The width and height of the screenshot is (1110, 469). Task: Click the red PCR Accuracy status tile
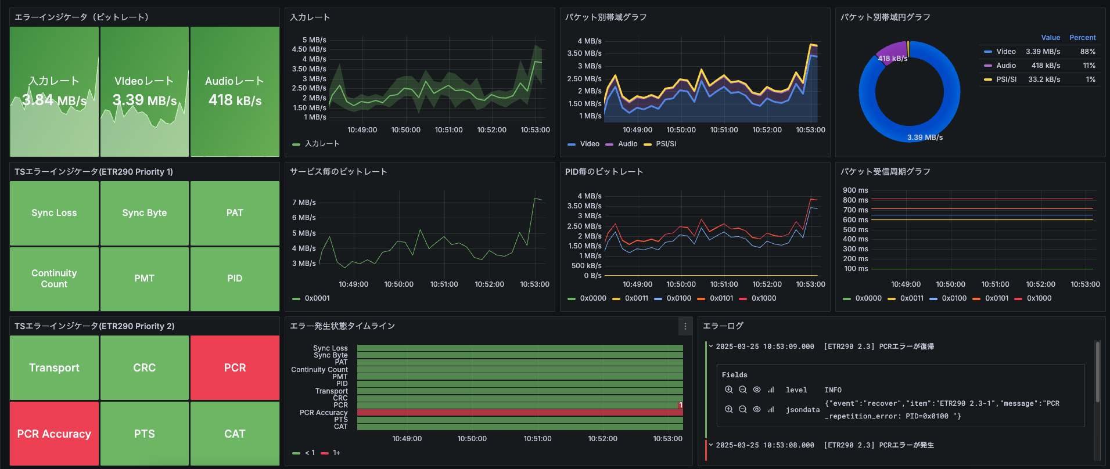tap(54, 434)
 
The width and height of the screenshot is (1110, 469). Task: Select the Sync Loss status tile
tap(54, 213)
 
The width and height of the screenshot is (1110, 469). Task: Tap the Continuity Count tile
tap(54, 279)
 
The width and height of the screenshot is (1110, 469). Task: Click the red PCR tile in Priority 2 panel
tap(235, 367)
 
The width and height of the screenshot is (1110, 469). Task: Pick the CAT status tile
tap(235, 434)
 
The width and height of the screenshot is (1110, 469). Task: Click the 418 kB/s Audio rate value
tap(235, 100)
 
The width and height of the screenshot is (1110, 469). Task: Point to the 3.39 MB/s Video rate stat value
tap(144, 100)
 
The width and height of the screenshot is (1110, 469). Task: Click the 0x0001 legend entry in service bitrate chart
tap(317, 298)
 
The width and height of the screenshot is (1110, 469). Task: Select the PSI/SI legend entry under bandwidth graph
tap(666, 144)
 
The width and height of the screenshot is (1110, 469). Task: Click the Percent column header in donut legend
tap(1082, 38)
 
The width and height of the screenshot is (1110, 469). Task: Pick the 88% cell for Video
tap(1087, 52)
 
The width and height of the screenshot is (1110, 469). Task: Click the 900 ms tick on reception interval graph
tap(855, 190)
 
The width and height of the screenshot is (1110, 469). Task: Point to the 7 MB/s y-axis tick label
tap(304, 203)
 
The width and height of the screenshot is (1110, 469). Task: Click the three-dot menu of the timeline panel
tap(685, 326)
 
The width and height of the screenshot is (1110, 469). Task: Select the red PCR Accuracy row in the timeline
tap(520, 412)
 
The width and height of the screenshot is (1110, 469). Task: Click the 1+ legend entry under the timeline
tap(336, 453)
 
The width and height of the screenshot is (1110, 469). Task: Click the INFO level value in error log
tap(832, 390)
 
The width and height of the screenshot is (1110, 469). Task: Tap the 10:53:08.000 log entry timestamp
tap(764, 445)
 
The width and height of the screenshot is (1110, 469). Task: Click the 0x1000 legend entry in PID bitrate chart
tap(763, 298)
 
